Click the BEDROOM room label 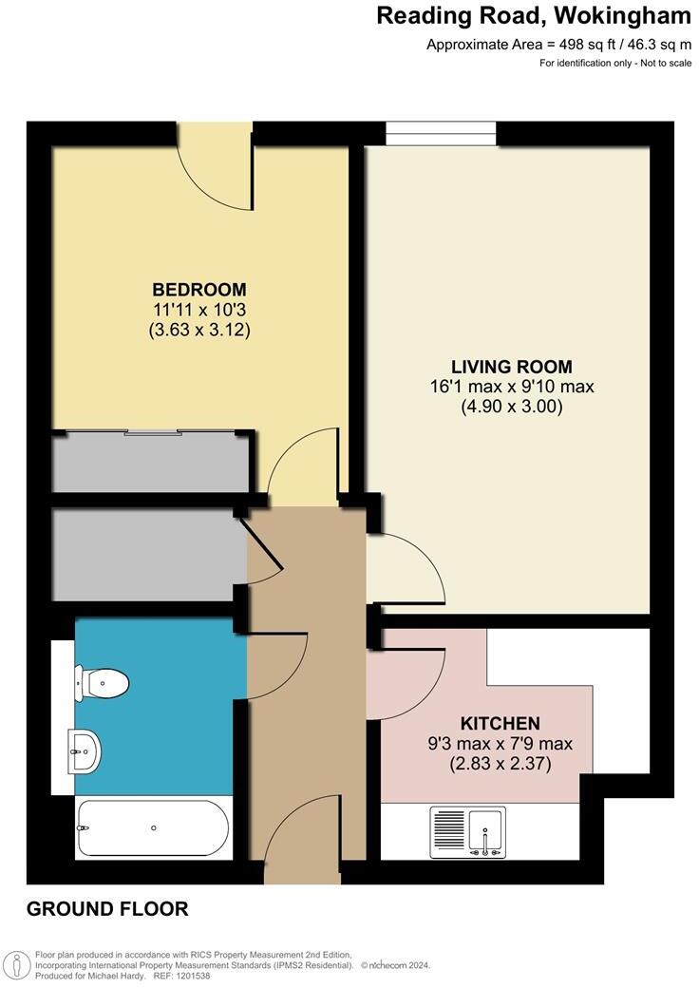point(199,289)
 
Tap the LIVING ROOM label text point(512,367)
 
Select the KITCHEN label point(500,723)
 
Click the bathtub point(153,827)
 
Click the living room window point(442,134)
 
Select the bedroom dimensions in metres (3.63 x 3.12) point(199,331)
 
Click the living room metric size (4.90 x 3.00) point(512,407)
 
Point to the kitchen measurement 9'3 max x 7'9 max point(500,743)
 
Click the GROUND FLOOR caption point(107,909)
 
